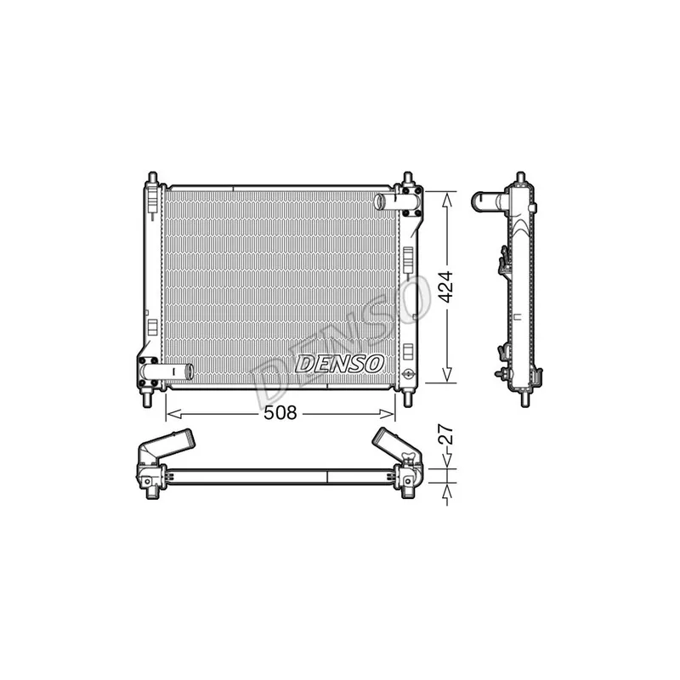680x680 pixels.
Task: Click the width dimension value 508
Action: (280, 412)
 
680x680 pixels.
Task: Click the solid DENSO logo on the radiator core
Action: (339, 364)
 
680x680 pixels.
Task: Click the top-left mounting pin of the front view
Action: (152, 178)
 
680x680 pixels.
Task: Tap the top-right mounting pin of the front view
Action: (408, 178)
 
